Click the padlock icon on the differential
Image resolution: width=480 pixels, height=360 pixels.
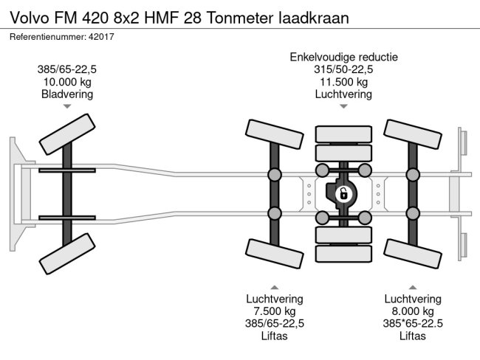pyautogui.click(x=343, y=195)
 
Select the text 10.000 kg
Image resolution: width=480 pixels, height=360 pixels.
pyautogui.click(x=67, y=81)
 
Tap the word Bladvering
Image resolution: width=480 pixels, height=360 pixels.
pyautogui.click(x=67, y=94)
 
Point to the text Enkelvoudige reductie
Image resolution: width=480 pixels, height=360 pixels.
pyautogui.click(x=343, y=57)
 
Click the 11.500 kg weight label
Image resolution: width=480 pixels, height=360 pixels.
pyautogui.click(x=343, y=81)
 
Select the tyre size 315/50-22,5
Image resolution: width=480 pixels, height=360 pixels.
pyautogui.click(x=343, y=69)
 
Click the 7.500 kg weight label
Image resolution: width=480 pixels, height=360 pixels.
pyautogui.click(x=274, y=311)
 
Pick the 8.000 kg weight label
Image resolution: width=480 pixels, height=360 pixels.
pyautogui.click(x=412, y=311)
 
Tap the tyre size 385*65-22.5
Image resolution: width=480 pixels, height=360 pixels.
pyautogui.click(x=412, y=323)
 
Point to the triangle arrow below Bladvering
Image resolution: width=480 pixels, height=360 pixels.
pyautogui.click(x=67, y=107)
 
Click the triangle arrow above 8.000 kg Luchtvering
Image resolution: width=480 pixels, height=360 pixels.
pyautogui.click(x=412, y=286)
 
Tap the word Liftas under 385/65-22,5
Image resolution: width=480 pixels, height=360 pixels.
pyautogui.click(x=274, y=336)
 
